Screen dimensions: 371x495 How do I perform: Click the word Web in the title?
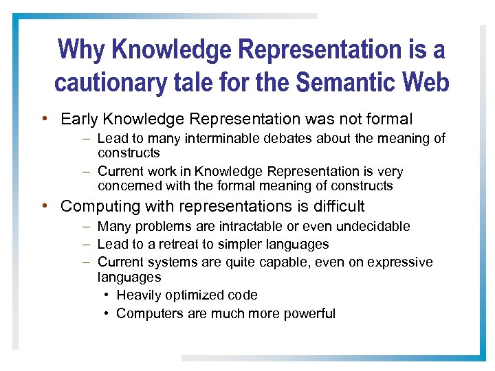[x=423, y=82]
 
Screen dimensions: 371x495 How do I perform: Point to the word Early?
[x=78, y=119]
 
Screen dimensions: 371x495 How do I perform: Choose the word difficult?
[x=337, y=206]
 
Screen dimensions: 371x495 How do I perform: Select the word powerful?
[x=309, y=313]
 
